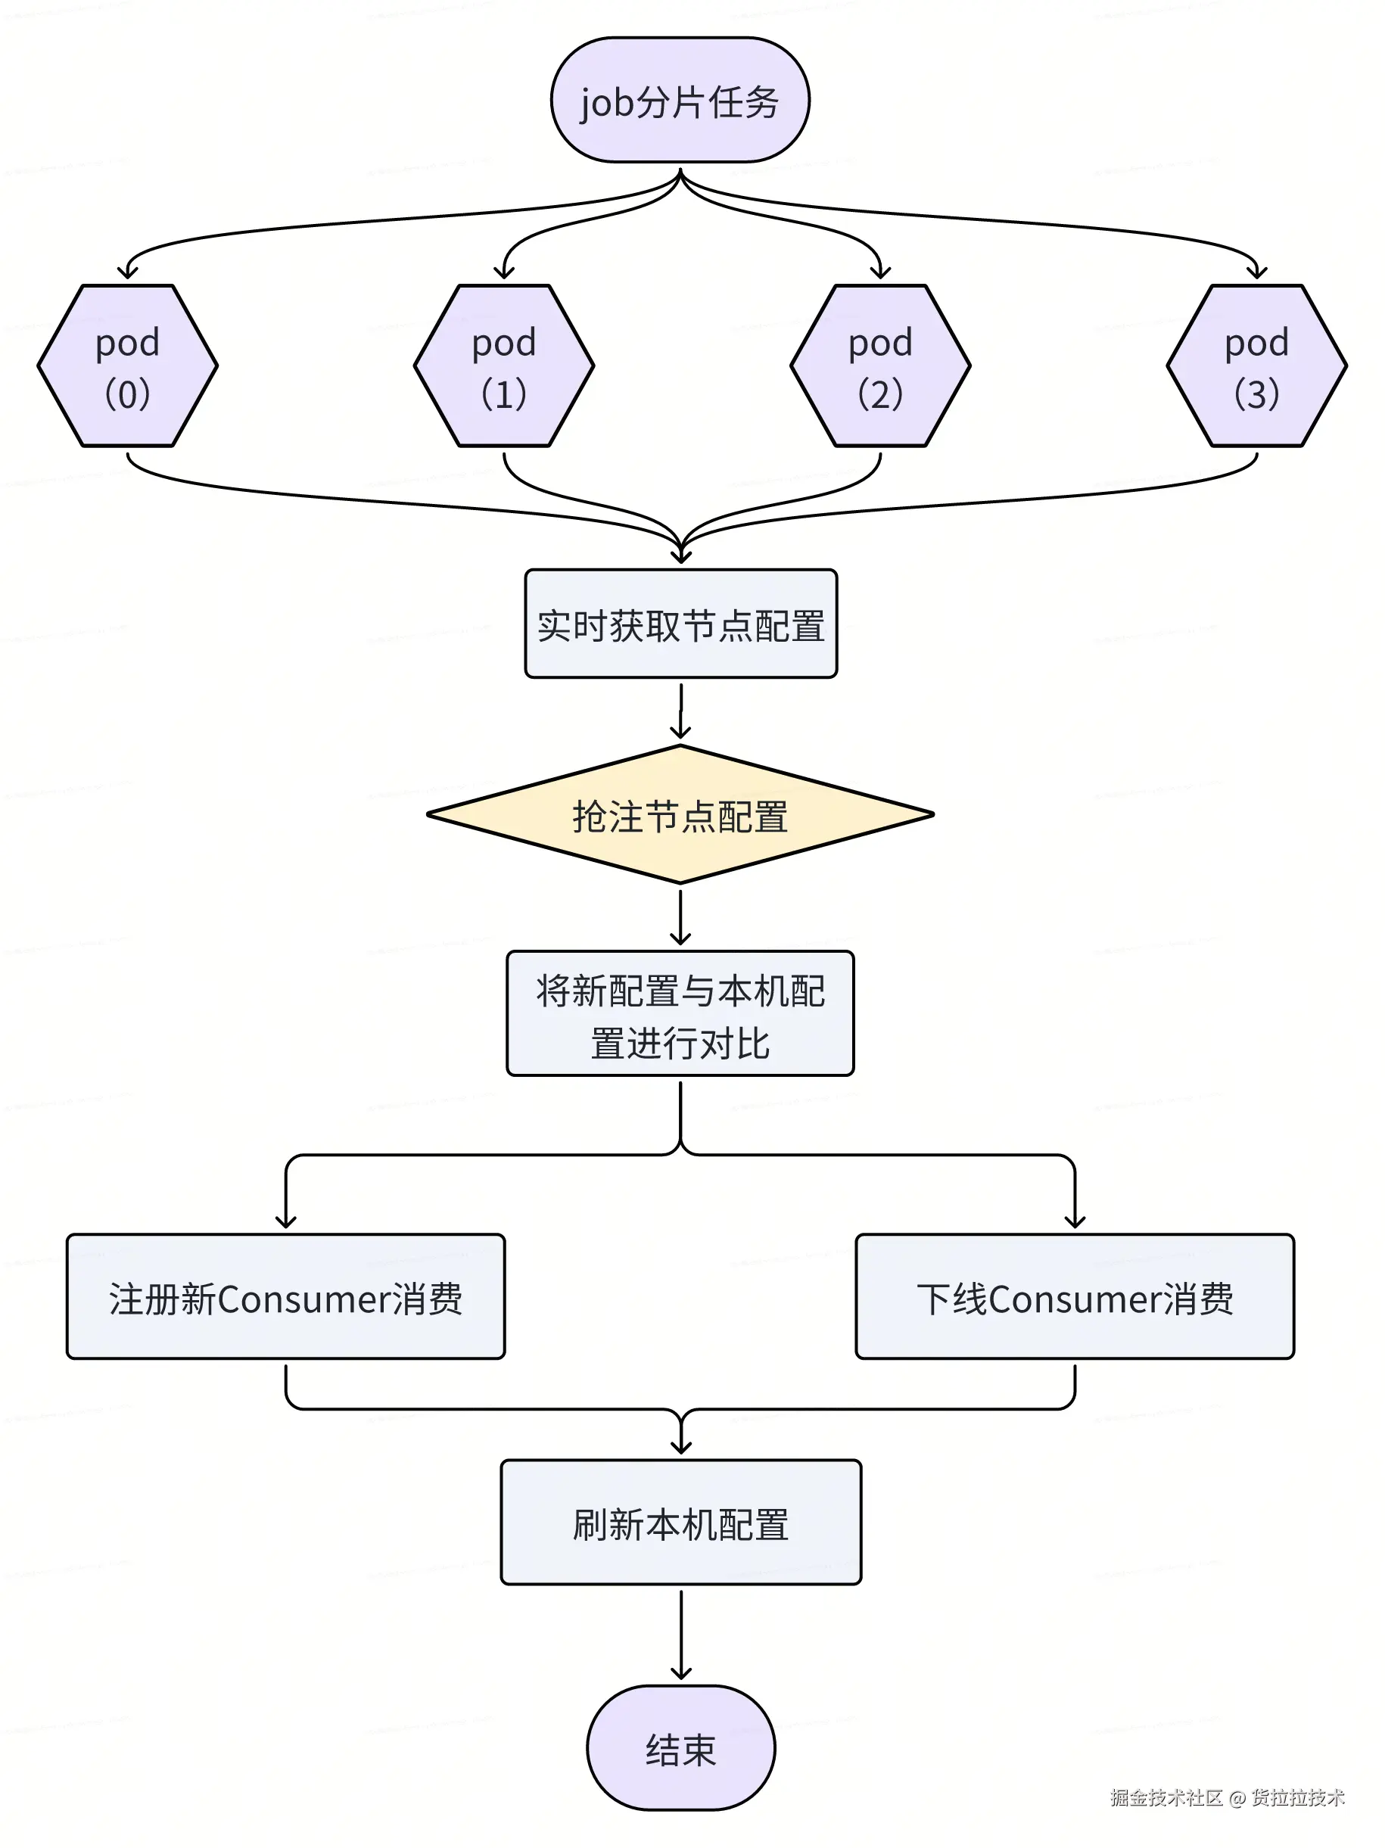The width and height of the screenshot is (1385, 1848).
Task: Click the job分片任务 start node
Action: click(679, 100)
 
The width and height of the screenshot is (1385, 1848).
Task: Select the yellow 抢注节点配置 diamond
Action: click(680, 814)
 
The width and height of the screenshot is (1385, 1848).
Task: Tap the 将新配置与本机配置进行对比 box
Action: click(680, 1013)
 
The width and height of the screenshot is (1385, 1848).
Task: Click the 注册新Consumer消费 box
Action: click(285, 1296)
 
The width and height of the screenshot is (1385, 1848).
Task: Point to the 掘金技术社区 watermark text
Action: click(1166, 1797)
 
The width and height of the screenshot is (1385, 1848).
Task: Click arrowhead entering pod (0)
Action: click(128, 272)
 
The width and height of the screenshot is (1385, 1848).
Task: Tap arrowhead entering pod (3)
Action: click(1256, 272)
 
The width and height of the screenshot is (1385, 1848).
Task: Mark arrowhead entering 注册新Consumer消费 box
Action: click(285, 1221)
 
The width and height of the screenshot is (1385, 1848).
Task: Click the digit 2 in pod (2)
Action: click(879, 394)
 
